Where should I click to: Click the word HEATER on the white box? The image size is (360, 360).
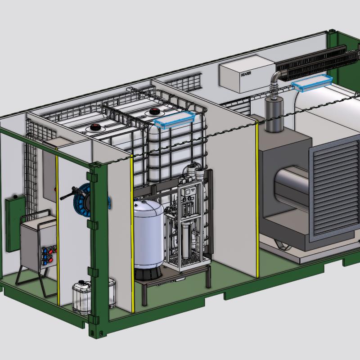click(x=246, y=74)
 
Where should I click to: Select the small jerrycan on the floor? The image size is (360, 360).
click(x=82, y=297)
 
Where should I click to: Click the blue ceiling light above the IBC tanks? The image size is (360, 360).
click(x=174, y=119)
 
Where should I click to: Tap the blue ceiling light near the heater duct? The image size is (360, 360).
click(x=311, y=82)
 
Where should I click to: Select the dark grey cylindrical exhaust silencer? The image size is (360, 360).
click(x=274, y=115)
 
